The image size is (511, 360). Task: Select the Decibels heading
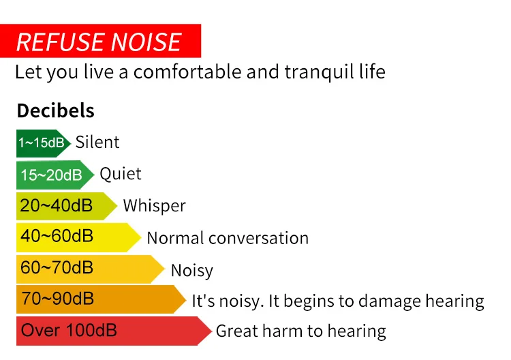coord(55,110)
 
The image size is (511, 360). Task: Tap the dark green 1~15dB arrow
coord(42,143)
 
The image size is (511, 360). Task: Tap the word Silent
coord(97,142)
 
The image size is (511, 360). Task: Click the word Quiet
coord(121,174)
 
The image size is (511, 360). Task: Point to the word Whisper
coord(154,206)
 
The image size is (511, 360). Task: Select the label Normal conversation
coord(228,238)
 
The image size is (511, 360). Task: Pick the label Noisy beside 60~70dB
coord(191,271)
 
